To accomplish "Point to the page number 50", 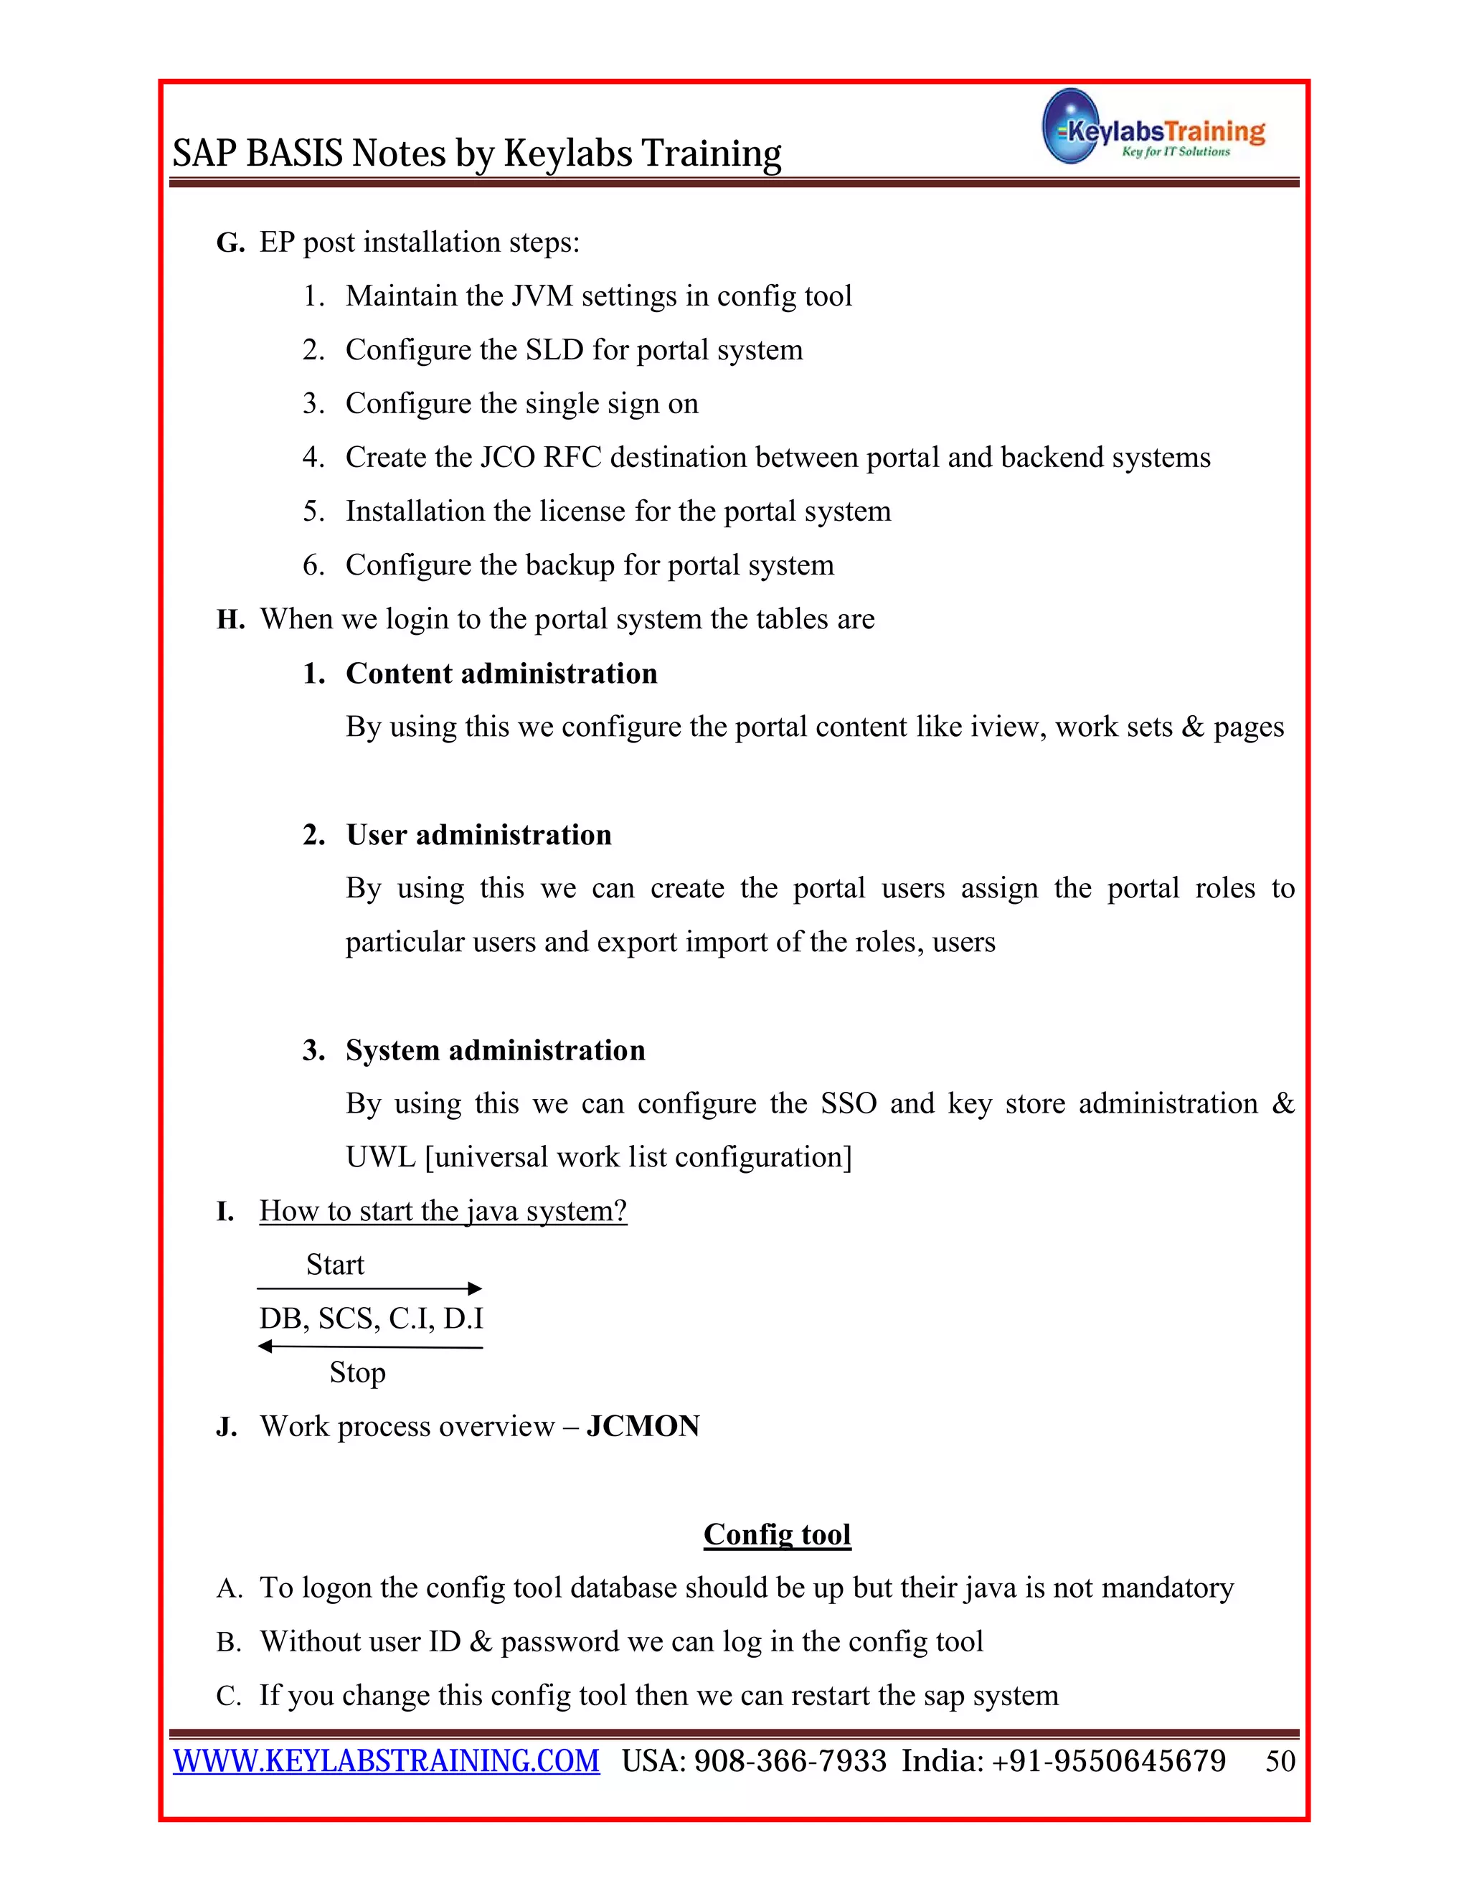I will coord(1280,1761).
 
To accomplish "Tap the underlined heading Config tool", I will coord(776,1534).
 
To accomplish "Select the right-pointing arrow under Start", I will coord(370,1288).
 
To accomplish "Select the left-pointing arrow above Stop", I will coord(370,1346).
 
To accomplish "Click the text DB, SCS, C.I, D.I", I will coord(371,1319).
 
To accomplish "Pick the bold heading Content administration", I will coord(501,674).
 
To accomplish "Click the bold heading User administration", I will coord(478,835).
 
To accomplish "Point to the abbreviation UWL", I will coord(380,1157).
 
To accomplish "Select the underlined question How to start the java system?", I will coord(443,1211).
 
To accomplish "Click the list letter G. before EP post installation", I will coord(230,243).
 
